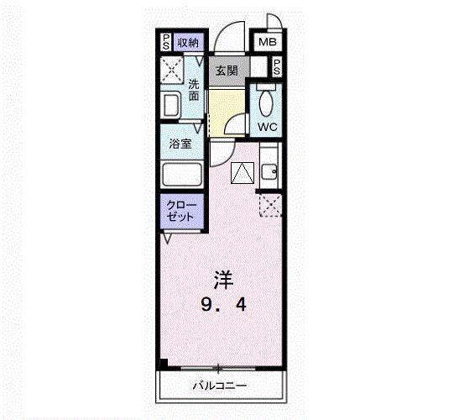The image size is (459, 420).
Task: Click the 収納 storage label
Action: [187, 42]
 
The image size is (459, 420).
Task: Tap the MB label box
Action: [267, 42]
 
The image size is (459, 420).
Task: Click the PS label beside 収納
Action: [166, 42]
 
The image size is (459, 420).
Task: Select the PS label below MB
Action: [276, 68]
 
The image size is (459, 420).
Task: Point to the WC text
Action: [267, 127]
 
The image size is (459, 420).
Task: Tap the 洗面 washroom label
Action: [194, 90]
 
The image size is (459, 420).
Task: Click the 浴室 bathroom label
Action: [180, 144]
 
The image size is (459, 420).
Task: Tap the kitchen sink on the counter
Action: [270, 174]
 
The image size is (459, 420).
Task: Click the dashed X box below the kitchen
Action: [270, 204]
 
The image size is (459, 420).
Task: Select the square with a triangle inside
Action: [242, 174]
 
